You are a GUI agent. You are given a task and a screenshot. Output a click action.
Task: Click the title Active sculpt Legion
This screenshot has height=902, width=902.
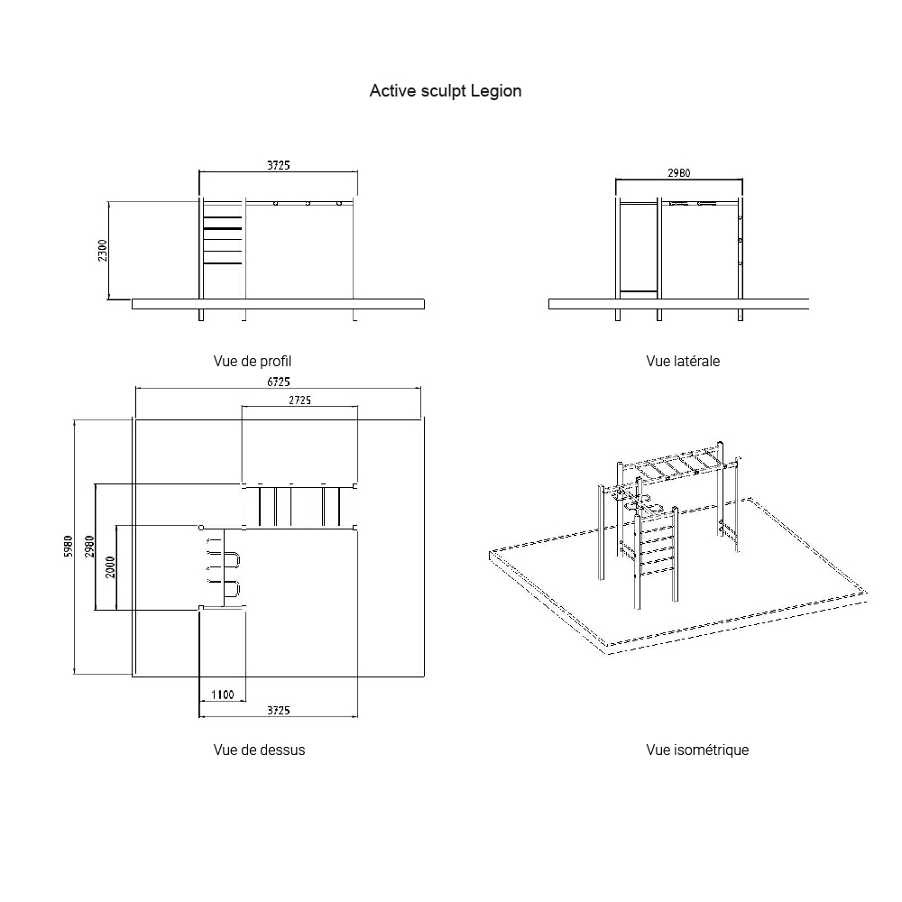click(446, 91)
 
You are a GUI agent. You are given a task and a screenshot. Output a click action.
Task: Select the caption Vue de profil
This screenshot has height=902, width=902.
click(252, 362)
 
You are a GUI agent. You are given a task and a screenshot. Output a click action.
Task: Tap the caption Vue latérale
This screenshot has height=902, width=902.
click(683, 362)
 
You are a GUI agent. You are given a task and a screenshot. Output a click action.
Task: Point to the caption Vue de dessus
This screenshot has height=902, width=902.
click(259, 750)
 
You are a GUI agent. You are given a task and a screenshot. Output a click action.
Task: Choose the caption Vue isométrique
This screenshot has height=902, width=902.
click(697, 750)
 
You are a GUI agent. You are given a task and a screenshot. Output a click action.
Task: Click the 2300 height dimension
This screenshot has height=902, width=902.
click(103, 251)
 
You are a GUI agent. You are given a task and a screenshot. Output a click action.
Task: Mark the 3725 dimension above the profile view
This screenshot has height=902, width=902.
click(279, 166)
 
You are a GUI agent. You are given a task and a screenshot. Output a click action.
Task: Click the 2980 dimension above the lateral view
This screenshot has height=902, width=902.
click(679, 173)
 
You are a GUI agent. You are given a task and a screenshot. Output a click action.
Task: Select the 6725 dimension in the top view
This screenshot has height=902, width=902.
click(279, 382)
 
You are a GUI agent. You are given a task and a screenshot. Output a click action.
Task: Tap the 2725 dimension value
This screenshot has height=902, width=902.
click(299, 400)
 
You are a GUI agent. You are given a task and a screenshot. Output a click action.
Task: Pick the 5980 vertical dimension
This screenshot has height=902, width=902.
click(69, 547)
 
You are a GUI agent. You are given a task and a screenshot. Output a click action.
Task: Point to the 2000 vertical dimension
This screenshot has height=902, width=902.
click(110, 567)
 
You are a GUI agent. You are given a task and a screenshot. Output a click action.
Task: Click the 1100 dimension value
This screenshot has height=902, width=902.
click(223, 695)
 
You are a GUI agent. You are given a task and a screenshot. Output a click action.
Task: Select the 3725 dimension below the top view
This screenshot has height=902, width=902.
click(279, 711)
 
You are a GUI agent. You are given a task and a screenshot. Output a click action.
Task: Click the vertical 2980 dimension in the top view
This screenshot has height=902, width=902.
click(89, 547)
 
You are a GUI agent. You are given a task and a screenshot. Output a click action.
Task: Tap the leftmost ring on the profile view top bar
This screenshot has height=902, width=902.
click(275, 204)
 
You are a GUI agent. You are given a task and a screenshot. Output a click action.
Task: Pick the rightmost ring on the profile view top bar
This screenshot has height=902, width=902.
click(339, 204)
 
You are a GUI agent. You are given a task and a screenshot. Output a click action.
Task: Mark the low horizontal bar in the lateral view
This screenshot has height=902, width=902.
click(639, 291)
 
